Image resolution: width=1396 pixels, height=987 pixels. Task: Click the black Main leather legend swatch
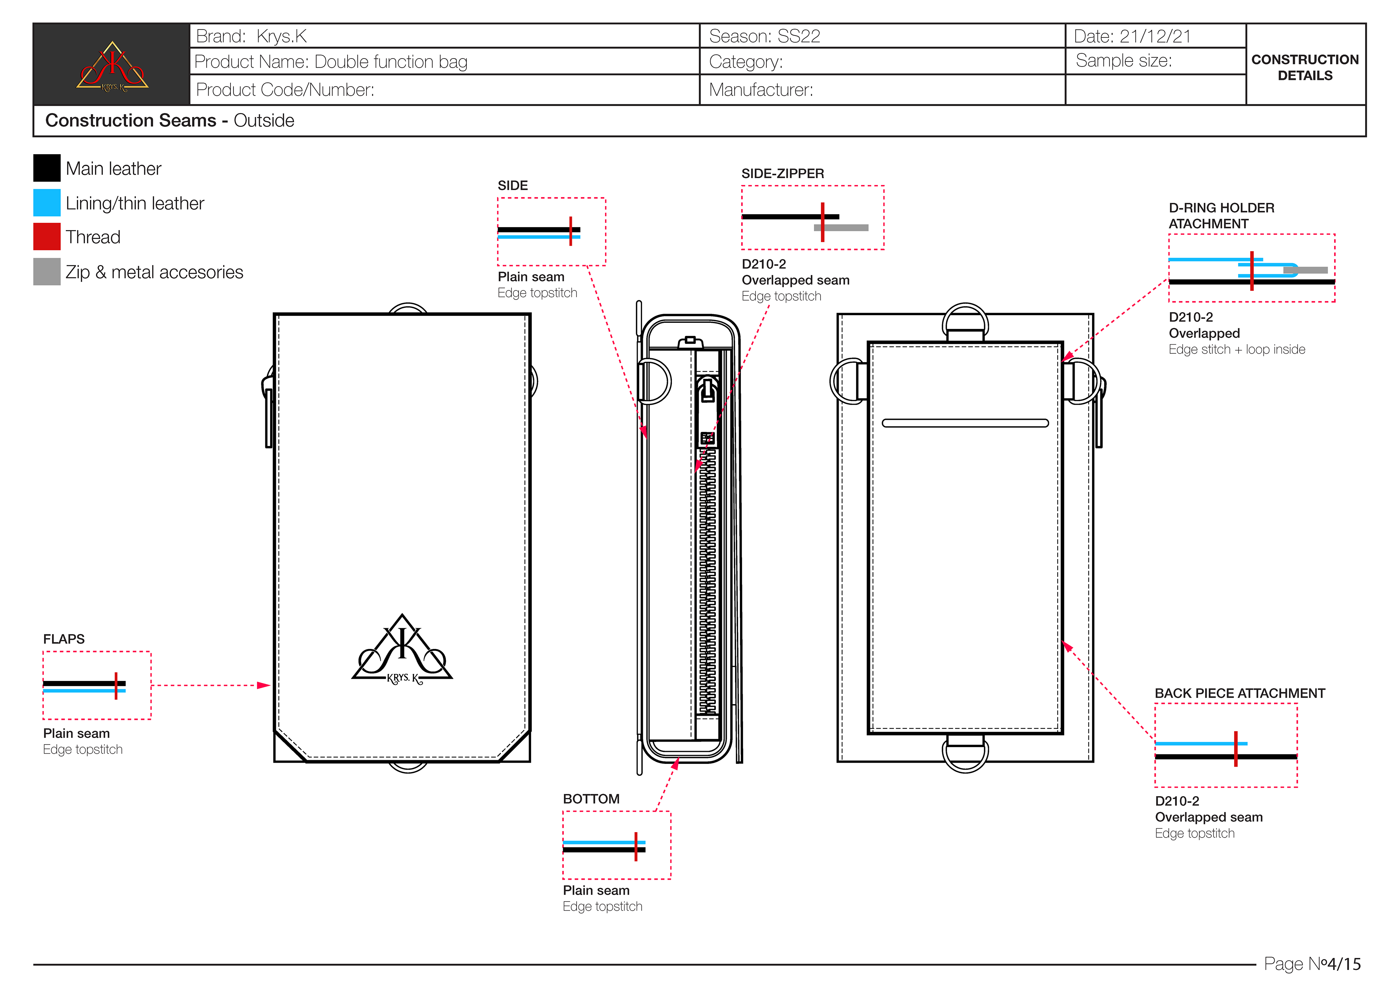[x=47, y=168]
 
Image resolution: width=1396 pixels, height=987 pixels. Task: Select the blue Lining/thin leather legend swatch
[x=47, y=202]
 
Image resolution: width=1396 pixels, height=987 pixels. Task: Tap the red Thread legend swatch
[x=47, y=237]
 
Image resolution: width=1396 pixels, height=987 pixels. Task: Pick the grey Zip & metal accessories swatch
[x=47, y=271]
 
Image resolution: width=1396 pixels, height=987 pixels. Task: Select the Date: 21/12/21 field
[x=1132, y=36]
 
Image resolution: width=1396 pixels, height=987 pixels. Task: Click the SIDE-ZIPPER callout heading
[x=782, y=173]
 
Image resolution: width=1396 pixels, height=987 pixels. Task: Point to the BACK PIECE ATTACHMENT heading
[x=1240, y=693]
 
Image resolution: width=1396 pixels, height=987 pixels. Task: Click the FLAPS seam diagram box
[x=97, y=685]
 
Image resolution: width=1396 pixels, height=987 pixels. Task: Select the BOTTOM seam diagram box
[x=617, y=845]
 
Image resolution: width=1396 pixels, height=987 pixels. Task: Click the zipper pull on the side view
[x=708, y=390]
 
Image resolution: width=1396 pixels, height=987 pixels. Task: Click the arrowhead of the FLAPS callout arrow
[x=264, y=685]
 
